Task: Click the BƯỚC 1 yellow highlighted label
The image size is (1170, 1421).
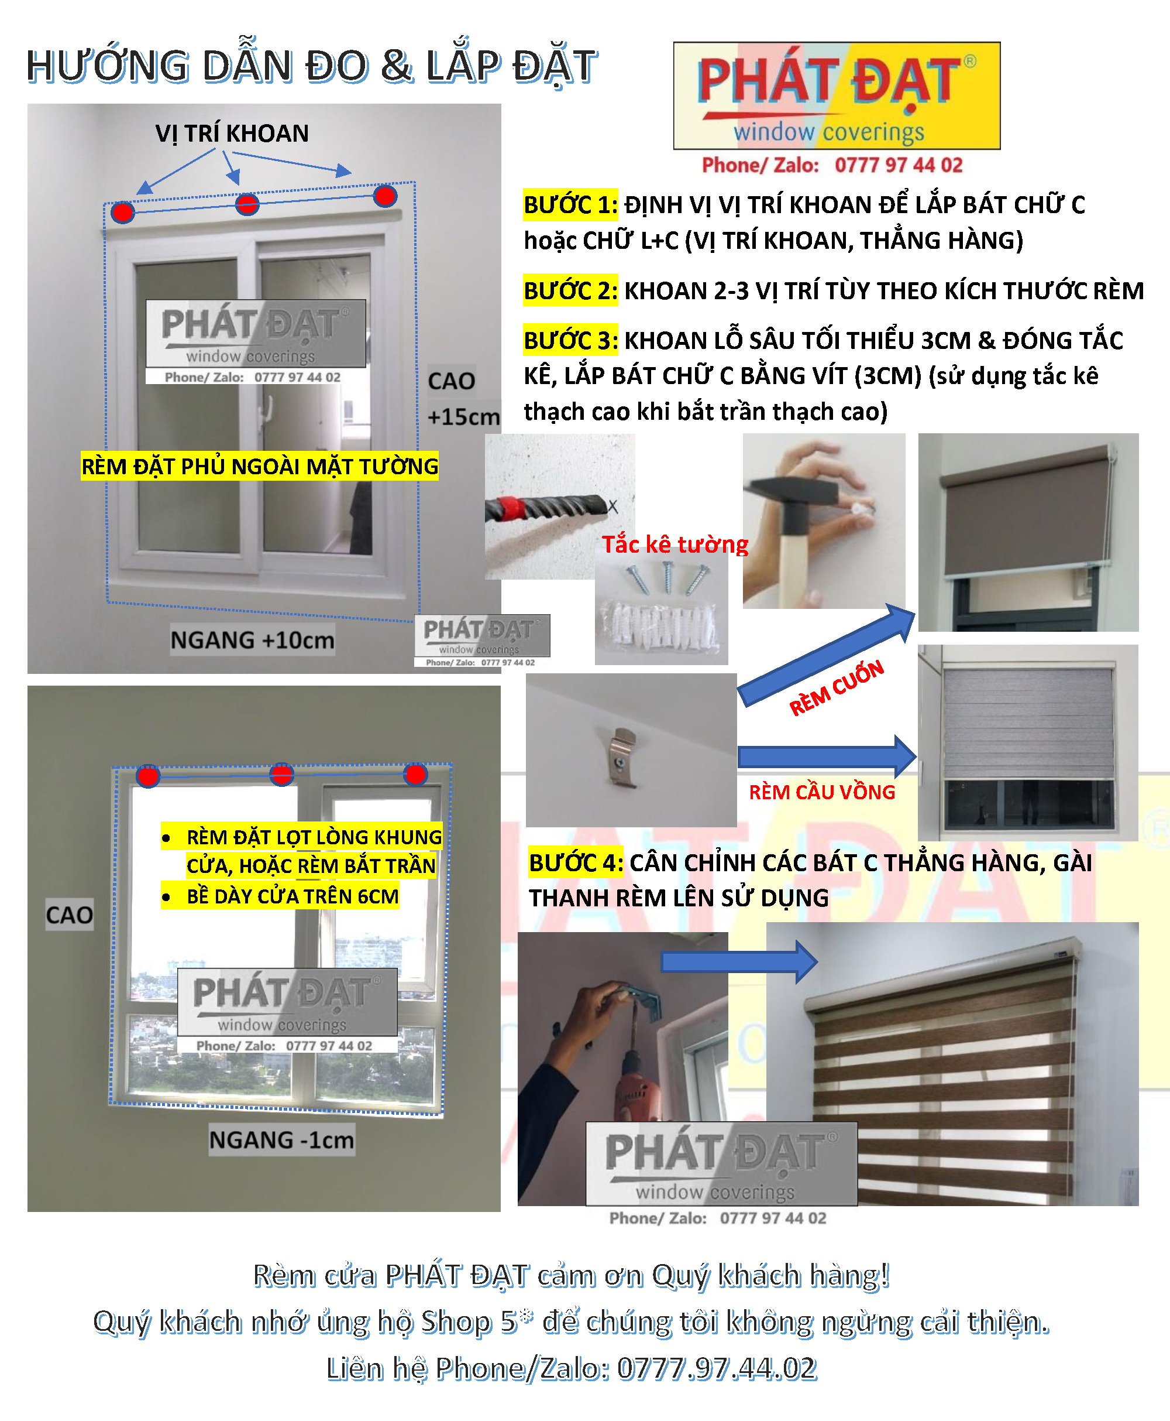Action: [570, 204]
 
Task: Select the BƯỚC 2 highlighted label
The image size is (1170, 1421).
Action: [570, 290]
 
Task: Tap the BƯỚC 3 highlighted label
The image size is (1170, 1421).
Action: [570, 341]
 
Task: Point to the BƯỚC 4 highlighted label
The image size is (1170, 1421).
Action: [576, 862]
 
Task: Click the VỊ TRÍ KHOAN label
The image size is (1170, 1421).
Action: [232, 133]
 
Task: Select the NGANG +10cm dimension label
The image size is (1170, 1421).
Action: [252, 639]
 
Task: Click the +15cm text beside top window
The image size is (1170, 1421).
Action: [463, 417]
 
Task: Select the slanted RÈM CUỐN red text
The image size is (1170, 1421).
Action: [837, 688]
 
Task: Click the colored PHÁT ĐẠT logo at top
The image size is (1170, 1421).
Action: [837, 96]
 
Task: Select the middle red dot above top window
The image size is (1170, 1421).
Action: [247, 204]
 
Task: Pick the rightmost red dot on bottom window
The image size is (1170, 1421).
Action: [415, 774]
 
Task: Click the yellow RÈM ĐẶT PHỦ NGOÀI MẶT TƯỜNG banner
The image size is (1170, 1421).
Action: [260, 466]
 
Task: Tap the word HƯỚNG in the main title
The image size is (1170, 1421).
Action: [108, 67]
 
